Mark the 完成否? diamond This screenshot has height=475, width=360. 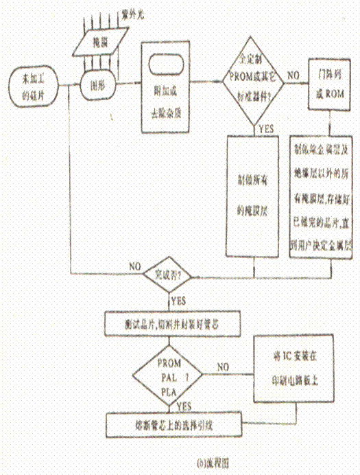(170, 277)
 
